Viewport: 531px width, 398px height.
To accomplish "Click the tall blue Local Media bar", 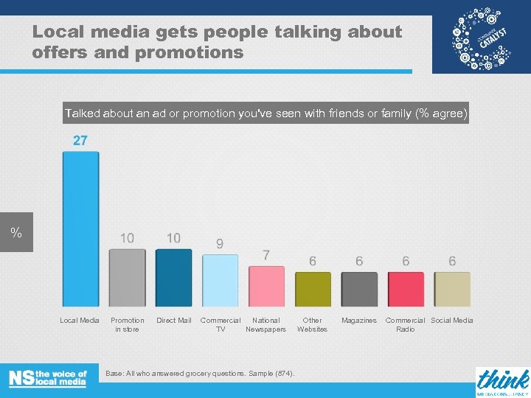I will click(80, 228).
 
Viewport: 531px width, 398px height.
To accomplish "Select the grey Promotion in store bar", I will click(128, 278).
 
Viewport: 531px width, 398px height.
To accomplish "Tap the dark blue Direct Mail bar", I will click(174, 278).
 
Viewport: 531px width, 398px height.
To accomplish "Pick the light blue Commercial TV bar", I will click(221, 281).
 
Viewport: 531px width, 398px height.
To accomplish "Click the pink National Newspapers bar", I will click(266, 286).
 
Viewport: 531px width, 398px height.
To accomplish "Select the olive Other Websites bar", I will click(313, 289).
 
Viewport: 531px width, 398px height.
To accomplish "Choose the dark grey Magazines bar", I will click(359, 289).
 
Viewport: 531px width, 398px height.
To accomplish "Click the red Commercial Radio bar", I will click(406, 289).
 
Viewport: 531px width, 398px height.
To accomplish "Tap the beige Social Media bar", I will click(452, 289).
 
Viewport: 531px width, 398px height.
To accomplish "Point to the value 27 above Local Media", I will click(80, 141).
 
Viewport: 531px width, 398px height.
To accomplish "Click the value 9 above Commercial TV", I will click(220, 243).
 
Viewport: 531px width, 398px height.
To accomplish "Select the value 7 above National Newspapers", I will click(266, 255).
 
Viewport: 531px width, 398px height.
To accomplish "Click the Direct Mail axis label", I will click(174, 321).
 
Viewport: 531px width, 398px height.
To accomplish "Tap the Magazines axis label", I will click(359, 321).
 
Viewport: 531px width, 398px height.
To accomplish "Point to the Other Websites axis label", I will click(312, 325).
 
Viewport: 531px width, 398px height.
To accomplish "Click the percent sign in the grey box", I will click(15, 233).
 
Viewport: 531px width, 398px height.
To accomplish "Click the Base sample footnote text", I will click(200, 374).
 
